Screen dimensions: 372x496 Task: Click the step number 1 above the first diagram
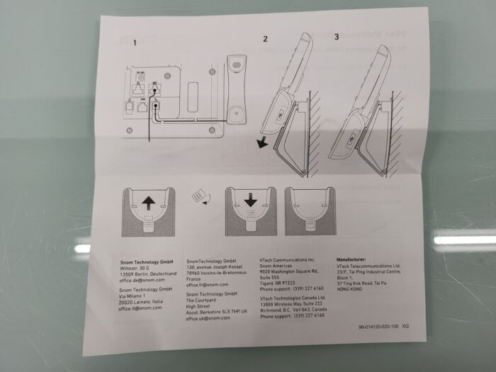click(134, 44)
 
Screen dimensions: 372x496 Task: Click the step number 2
click(265, 38)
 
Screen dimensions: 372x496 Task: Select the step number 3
click(336, 35)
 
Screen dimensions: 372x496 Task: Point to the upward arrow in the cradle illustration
click(148, 203)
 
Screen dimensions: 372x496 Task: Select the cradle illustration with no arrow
click(310, 210)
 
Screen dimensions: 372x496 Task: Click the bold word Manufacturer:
click(356, 259)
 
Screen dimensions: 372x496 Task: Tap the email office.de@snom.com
click(142, 281)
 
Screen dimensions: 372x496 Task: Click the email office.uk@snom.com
click(208, 318)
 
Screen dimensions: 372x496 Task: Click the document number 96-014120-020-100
click(379, 326)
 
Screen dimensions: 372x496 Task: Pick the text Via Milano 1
click(135, 296)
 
